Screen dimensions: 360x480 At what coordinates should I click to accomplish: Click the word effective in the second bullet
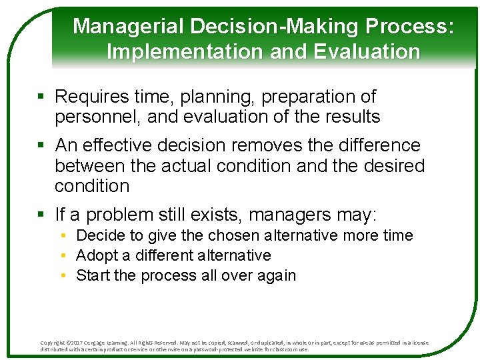(125, 145)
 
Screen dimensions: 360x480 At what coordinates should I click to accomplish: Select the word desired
(394, 165)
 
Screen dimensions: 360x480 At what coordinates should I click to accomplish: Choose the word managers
(293, 215)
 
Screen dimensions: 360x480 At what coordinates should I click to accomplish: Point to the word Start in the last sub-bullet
(93, 275)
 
